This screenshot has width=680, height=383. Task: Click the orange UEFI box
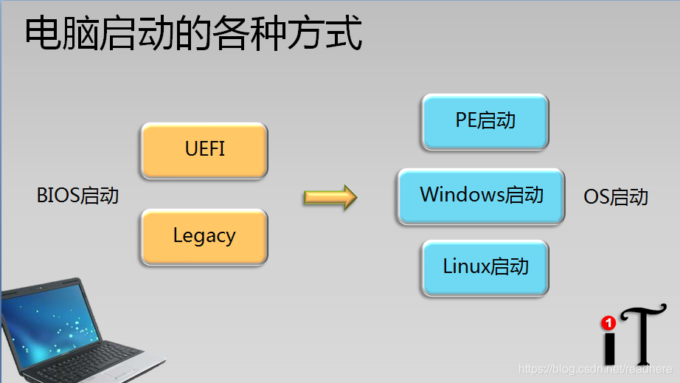(x=204, y=150)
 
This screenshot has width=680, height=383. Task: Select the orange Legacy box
(x=204, y=237)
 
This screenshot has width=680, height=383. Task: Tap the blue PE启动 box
(x=485, y=121)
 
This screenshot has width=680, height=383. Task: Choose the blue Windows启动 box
(x=481, y=196)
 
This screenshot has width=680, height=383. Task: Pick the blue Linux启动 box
(x=485, y=267)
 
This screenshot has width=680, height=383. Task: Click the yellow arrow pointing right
(x=330, y=197)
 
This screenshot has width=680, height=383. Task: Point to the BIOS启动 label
(x=77, y=196)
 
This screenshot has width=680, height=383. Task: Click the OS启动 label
(x=615, y=197)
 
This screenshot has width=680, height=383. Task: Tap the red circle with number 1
(x=608, y=323)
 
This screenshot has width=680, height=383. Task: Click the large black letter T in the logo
(x=638, y=336)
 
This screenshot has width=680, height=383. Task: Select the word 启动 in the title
(x=139, y=35)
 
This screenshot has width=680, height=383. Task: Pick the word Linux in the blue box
(x=467, y=266)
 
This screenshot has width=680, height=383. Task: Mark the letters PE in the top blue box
(x=466, y=120)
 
